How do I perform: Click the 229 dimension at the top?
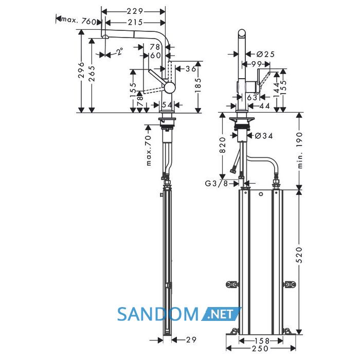pyautogui.click(x=135, y=11)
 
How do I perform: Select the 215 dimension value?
pyautogui.click(x=135, y=23)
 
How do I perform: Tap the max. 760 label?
pyautogui.click(x=79, y=21)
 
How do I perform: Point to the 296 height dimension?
pyautogui.click(x=81, y=70)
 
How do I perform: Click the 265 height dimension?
pyautogui.click(x=92, y=74)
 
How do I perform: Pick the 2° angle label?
pyautogui.click(x=120, y=51)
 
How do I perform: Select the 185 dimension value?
pyautogui.click(x=197, y=85)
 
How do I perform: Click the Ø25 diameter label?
pyautogui.click(x=265, y=54)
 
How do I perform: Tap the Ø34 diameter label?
pyautogui.click(x=264, y=136)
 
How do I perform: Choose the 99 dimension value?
pyautogui.click(x=257, y=64)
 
